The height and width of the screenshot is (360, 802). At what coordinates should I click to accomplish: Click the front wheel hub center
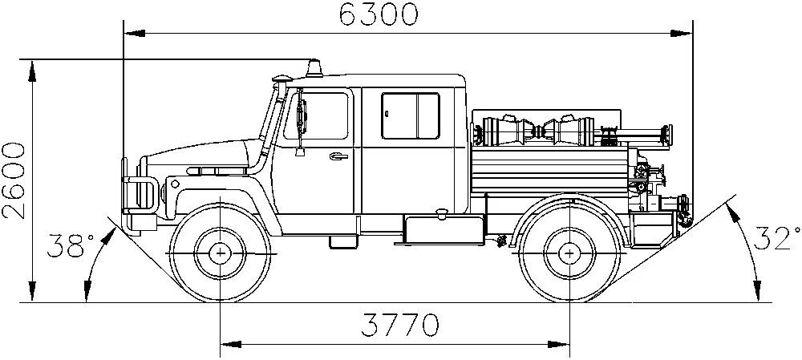pos(219,253)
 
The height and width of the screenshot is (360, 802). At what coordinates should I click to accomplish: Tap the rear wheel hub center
pos(569,253)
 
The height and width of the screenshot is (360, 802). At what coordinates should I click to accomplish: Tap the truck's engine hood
pos(200,156)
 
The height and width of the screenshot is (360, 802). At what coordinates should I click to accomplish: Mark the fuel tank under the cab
pos(441,229)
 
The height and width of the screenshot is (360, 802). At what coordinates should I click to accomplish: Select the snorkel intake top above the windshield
pos(282,79)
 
